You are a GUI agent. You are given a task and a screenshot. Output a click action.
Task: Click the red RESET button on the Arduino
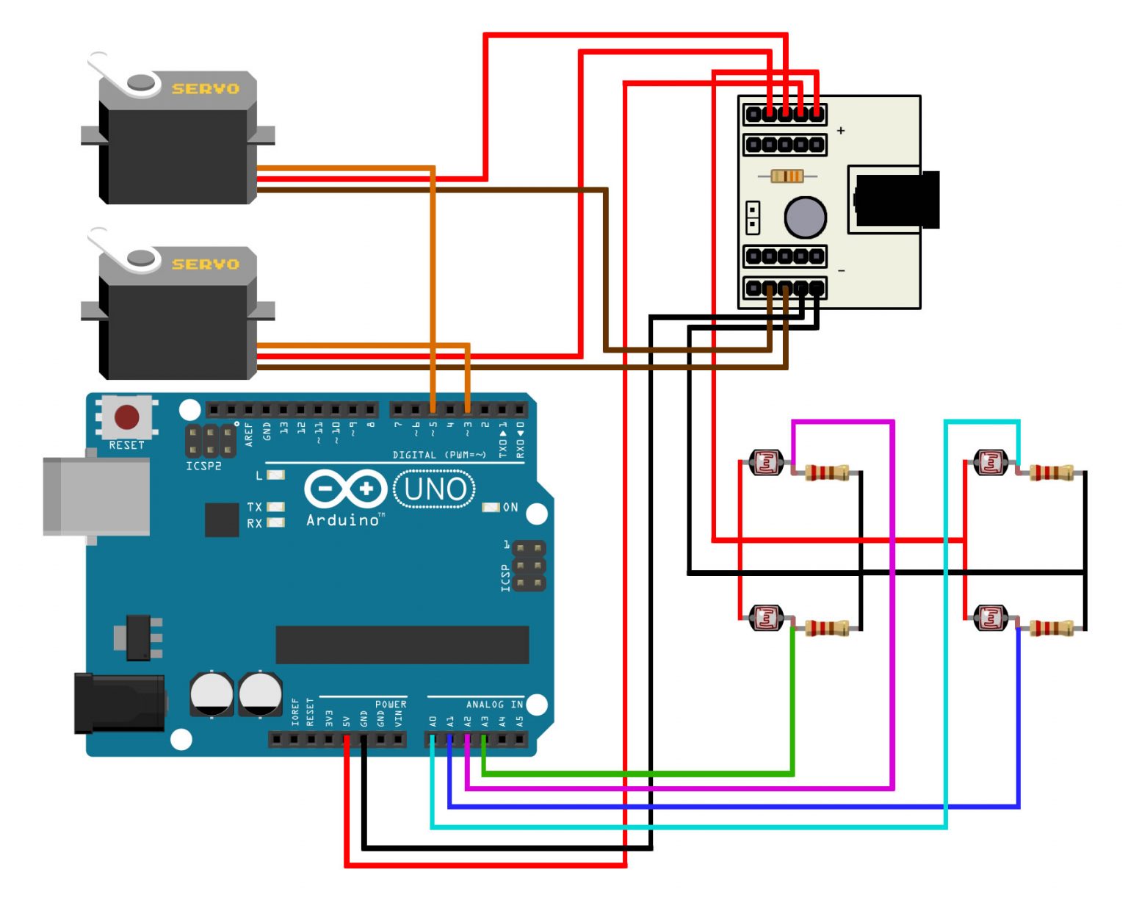(x=126, y=417)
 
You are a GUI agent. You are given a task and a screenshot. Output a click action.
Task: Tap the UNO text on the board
(x=435, y=489)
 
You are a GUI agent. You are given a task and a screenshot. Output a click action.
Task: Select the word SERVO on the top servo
(x=205, y=89)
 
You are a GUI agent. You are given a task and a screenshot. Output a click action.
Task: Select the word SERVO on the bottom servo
(x=205, y=264)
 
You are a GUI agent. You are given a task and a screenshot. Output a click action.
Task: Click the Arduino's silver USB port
(x=95, y=497)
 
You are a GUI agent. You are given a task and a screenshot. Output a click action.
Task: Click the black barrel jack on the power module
(x=897, y=199)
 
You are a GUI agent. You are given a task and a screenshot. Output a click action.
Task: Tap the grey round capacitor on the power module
(x=805, y=217)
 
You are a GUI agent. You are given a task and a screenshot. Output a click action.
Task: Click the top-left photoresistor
(x=766, y=463)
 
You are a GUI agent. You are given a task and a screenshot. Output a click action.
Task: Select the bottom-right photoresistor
(x=991, y=618)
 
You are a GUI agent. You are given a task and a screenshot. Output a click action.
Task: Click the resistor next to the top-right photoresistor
(x=1051, y=472)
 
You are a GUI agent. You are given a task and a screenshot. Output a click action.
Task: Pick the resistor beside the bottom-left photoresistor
(x=827, y=628)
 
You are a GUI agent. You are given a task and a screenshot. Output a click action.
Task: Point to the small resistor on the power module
(x=787, y=176)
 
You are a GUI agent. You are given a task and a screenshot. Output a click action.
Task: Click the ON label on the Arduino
(x=510, y=507)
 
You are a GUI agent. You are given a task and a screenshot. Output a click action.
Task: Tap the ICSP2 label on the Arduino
(x=203, y=466)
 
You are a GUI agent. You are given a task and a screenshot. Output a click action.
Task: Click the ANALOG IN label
(x=494, y=705)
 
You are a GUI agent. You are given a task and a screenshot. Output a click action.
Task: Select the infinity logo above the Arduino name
(x=345, y=489)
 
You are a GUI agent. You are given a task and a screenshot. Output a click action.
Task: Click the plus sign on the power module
(x=841, y=131)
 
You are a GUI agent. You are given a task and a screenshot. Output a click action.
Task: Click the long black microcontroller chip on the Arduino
(x=402, y=644)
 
